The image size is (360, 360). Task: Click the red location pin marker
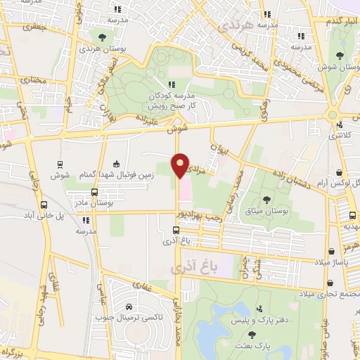[181, 166]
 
